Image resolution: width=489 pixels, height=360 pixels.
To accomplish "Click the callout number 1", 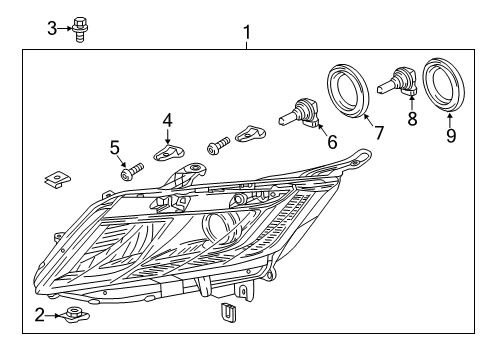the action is (247, 33).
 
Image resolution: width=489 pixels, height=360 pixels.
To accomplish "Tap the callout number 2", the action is (40, 315).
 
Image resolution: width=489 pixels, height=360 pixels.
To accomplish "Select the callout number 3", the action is (52, 28).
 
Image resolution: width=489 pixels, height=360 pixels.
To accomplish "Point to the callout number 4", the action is (168, 120).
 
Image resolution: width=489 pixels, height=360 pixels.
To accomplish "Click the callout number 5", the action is (115, 148).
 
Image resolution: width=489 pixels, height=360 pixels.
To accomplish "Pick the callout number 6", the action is (332, 142).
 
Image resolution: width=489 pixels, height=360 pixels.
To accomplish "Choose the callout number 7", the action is (379, 133).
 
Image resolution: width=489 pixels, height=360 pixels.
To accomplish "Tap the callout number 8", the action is (412, 119).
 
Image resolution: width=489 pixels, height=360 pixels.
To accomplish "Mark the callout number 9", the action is (451, 135).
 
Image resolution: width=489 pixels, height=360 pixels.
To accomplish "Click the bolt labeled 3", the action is (79, 29).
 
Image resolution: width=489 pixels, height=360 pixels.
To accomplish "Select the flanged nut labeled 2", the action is (73, 315).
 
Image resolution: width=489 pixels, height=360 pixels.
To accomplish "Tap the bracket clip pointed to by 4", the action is (169, 152).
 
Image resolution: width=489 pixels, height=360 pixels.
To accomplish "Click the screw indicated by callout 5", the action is (132, 171).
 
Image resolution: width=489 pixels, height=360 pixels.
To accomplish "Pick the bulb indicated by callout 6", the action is (301, 114).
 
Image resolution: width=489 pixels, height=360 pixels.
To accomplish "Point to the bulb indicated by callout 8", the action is (397, 81).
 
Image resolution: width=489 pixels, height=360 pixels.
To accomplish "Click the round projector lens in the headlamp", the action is (223, 230).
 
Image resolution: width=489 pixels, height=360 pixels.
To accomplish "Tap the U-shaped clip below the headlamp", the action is (229, 312).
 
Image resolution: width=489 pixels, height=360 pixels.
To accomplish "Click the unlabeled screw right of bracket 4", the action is (218, 146).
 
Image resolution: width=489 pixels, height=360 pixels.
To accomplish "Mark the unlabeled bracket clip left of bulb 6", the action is (250, 133).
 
